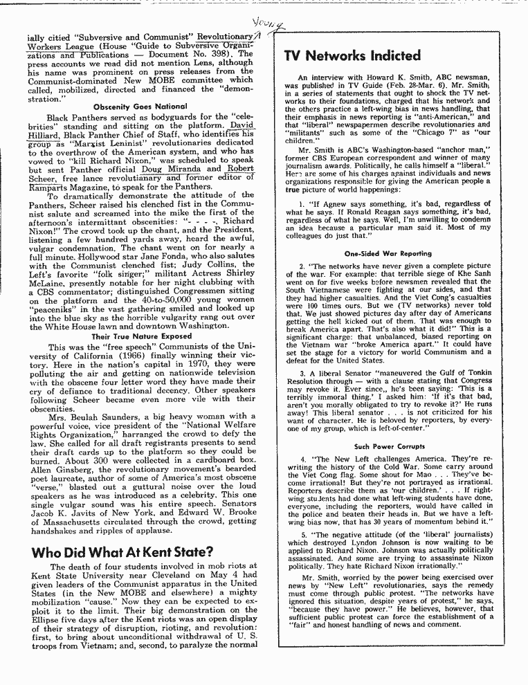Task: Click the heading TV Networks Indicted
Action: [x=353, y=55]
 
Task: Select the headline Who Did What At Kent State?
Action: [x=122, y=551]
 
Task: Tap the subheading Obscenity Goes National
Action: [x=140, y=106]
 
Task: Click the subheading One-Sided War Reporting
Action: [x=388, y=253]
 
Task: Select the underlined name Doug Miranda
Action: [x=179, y=168]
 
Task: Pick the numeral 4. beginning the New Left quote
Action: [x=303, y=459]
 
